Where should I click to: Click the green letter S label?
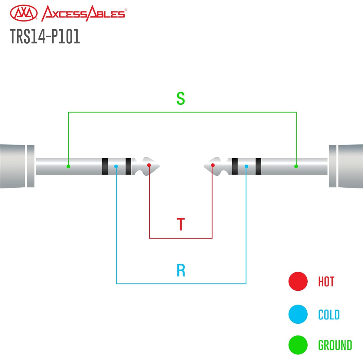pyautogui.click(x=181, y=99)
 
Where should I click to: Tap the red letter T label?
pyautogui.click(x=181, y=224)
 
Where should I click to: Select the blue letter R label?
pyautogui.click(x=181, y=270)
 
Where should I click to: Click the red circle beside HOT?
pyautogui.click(x=298, y=281)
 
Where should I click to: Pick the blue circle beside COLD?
pyautogui.click(x=298, y=314)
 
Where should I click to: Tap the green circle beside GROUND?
pyautogui.click(x=298, y=345)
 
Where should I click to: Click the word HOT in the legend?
pyautogui.click(x=326, y=282)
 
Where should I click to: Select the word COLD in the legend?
pyautogui.click(x=329, y=315)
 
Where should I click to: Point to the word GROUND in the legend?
pyautogui.click(x=335, y=345)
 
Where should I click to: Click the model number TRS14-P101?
pyautogui.click(x=45, y=37)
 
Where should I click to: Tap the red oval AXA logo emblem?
pyautogui.click(x=24, y=14)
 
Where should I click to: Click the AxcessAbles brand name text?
pyautogui.click(x=83, y=14)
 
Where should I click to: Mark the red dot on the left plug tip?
pyautogui.click(x=149, y=165)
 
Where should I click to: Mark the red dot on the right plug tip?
pyautogui.click(x=213, y=165)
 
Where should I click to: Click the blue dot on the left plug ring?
pyautogui.click(x=116, y=166)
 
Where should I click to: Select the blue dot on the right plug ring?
pyautogui.click(x=247, y=166)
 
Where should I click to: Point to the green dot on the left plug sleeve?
pyautogui.click(x=68, y=166)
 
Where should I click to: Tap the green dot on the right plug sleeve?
pyautogui.click(x=296, y=166)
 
